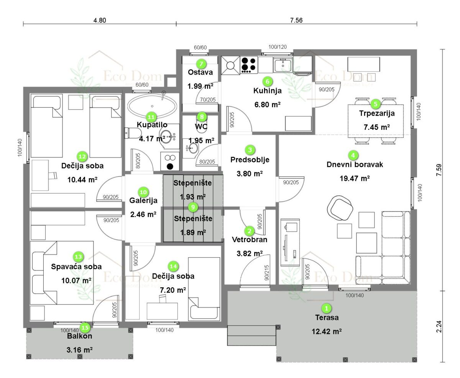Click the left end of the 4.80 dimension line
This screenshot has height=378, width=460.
tap(23, 24)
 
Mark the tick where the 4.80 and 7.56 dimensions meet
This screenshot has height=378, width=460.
tap(176, 24)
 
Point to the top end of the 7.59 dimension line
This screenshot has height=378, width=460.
tap(442, 49)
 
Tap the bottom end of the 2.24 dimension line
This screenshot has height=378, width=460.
tap(442, 362)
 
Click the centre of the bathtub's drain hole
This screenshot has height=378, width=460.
tap(152, 106)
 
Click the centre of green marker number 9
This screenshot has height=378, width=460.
tap(193, 207)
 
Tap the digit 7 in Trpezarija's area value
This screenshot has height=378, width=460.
tap(366, 127)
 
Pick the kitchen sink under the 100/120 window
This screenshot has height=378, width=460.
tap(283, 65)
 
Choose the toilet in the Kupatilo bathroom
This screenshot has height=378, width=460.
tap(133, 133)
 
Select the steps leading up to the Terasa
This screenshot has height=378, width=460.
tap(251, 335)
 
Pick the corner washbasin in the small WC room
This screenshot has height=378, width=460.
tap(192, 148)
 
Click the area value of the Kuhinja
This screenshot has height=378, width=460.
tap(268, 105)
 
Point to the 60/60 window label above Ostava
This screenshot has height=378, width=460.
tap(200, 47)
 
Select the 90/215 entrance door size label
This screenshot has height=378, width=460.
tap(266, 273)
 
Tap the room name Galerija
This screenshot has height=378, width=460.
tap(143, 200)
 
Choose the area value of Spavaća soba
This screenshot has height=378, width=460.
tap(76, 280)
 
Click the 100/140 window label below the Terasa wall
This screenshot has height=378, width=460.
tap(355, 295)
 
